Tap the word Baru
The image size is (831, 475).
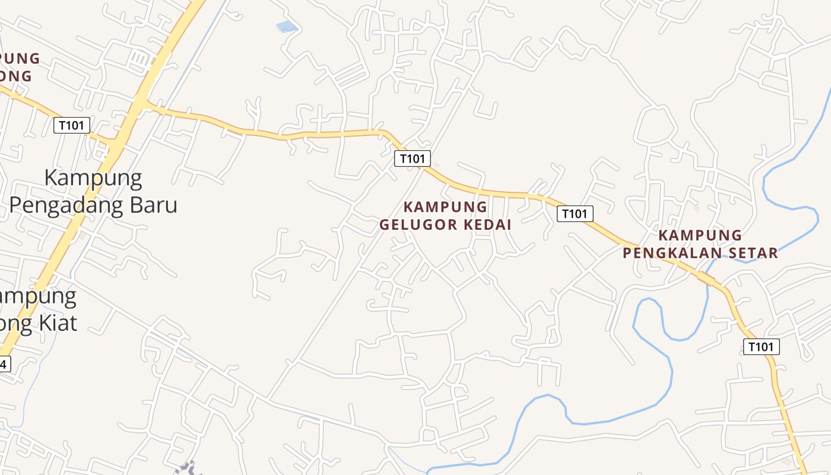pos(155,205)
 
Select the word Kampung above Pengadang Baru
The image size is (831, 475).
pos(93,178)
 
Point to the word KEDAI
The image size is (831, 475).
pos(487,225)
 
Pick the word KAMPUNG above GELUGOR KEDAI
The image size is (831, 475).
pos(445,207)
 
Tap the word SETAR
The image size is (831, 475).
pos(752,254)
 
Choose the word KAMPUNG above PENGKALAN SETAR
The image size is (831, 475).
pos(700,236)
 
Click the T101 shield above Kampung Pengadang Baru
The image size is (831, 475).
pos(72,125)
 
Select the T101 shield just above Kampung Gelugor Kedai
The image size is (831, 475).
pos(413,159)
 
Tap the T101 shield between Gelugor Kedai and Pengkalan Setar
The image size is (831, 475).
pos(575,214)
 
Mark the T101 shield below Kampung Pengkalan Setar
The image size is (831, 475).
pos(761,347)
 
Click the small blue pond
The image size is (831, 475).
pos(287,27)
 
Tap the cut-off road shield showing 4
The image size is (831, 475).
pos(5,364)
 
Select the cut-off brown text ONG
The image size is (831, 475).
pos(16,77)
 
